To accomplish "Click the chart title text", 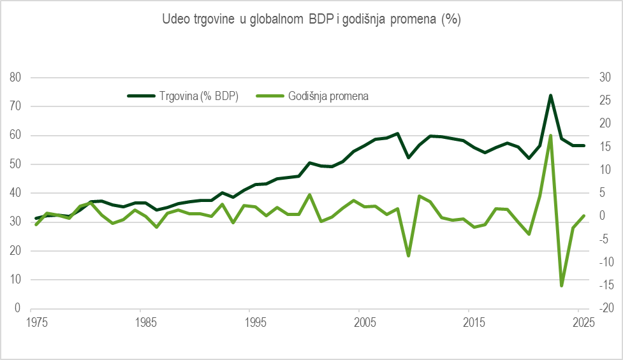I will pyautogui.click(x=312, y=20).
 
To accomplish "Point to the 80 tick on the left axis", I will pyautogui.click(x=15, y=78).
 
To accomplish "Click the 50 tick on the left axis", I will pyautogui.click(x=15, y=164).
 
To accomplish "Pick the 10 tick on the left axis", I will pyautogui.click(x=15, y=280).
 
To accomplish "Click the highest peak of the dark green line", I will pyautogui.click(x=550, y=96).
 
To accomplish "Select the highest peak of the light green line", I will pyautogui.click(x=550, y=135).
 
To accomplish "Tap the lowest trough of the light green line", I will pyautogui.click(x=562, y=285).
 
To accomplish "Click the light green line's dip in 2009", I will pyautogui.click(x=408, y=256).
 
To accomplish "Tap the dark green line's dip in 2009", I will pyautogui.click(x=408, y=157).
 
